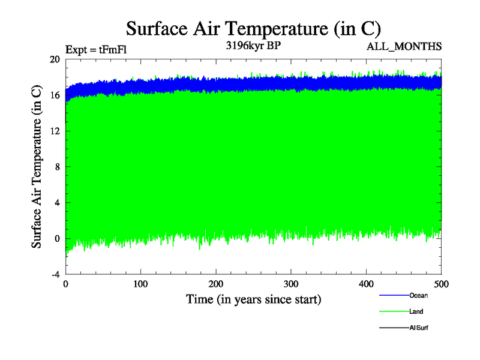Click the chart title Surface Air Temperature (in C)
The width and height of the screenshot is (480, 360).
(x=253, y=28)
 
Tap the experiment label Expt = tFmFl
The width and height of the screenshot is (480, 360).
(x=95, y=50)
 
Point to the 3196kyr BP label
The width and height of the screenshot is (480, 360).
(x=251, y=46)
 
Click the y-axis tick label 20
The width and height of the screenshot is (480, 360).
(x=55, y=59)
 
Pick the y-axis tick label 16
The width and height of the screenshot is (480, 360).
(x=55, y=95)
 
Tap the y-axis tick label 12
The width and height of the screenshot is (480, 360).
(x=55, y=131)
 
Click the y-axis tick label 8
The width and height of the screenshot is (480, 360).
(x=56, y=167)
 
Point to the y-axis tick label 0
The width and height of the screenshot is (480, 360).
(x=56, y=238)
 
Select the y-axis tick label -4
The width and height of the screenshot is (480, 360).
(x=55, y=274)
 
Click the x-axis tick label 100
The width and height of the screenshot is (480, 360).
(x=140, y=284)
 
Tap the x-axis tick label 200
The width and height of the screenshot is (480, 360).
(x=216, y=284)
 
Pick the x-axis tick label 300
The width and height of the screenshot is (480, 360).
(x=291, y=284)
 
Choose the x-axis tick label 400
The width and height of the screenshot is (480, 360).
(x=366, y=284)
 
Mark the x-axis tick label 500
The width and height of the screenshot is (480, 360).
(x=441, y=284)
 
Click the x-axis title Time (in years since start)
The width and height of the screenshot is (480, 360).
(x=253, y=299)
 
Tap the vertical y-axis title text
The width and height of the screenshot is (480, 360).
(x=37, y=167)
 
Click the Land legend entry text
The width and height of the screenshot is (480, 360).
(x=417, y=311)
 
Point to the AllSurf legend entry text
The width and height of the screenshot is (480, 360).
(x=419, y=328)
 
